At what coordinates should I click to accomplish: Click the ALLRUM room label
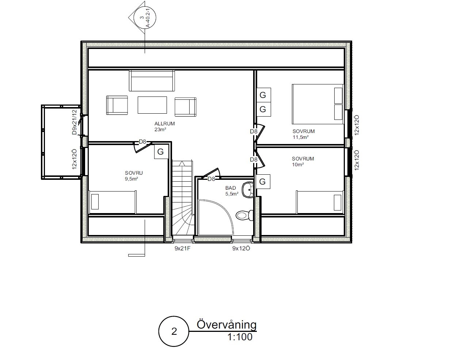(165, 124)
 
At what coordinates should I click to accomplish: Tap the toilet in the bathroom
(244, 215)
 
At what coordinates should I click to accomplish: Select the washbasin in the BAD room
(248, 190)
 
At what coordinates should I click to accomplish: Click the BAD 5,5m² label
(232, 191)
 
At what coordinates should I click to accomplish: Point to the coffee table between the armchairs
(152, 105)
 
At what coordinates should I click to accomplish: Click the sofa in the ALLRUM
(152, 81)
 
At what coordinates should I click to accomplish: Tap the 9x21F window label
(182, 248)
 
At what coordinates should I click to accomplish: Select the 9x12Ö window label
(241, 248)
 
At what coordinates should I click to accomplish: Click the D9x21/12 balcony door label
(74, 122)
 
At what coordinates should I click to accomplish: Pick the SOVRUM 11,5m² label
(304, 134)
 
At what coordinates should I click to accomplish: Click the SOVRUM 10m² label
(303, 162)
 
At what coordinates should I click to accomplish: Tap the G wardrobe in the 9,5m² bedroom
(161, 152)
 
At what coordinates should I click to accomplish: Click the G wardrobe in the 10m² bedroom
(263, 182)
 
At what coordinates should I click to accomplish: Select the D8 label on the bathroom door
(211, 179)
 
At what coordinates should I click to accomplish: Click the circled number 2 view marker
(174, 331)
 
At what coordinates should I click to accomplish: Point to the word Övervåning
(226, 325)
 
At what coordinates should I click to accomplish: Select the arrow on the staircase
(182, 163)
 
